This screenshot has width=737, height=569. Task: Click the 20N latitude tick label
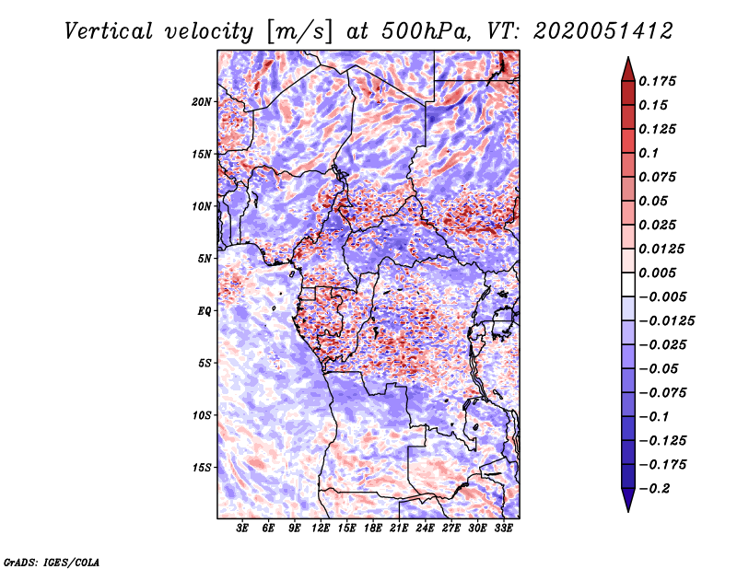(x=203, y=101)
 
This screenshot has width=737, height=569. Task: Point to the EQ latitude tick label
(x=205, y=311)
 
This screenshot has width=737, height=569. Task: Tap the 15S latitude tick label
(x=203, y=468)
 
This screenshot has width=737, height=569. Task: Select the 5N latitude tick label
(x=205, y=259)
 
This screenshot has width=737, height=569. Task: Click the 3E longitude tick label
(x=242, y=528)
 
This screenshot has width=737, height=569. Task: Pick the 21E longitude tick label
(x=398, y=528)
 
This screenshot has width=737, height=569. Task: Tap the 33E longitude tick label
(x=502, y=528)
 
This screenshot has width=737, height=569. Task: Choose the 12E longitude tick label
(x=321, y=528)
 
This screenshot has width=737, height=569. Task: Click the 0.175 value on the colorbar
(x=661, y=81)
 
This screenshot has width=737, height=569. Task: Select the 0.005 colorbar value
(x=661, y=273)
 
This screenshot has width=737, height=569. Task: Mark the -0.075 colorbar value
(x=664, y=392)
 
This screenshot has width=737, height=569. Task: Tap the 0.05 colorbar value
(x=656, y=201)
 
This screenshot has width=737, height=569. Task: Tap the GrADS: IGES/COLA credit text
(x=52, y=561)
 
